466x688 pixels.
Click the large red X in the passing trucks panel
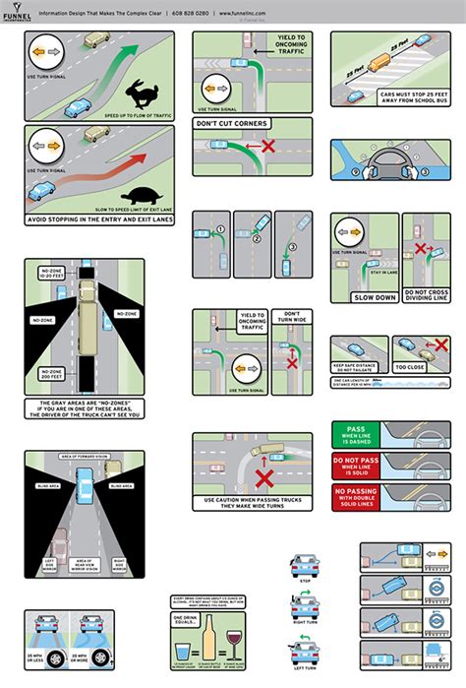[262, 480]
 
